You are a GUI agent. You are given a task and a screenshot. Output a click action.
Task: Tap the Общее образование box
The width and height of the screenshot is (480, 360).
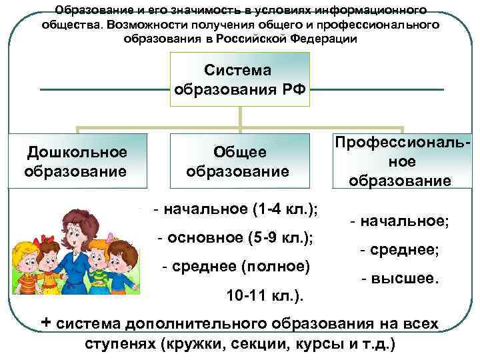[x=239, y=161]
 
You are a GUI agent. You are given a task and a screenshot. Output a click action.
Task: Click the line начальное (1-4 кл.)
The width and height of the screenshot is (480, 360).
[x=235, y=209]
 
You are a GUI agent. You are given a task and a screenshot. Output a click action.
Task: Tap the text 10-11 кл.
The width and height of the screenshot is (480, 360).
[x=263, y=294]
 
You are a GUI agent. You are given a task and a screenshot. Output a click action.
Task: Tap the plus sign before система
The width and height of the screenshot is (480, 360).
[x=47, y=323]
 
